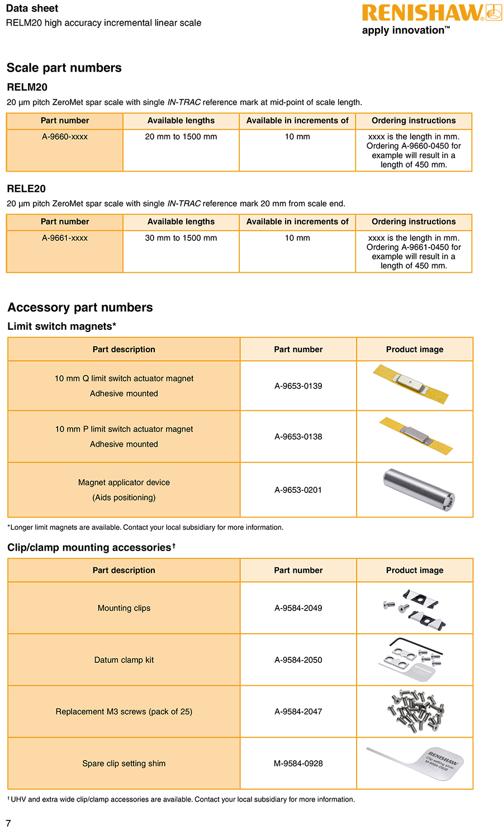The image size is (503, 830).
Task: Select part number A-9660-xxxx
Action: coord(65,137)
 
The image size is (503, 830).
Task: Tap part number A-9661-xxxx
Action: coord(65,238)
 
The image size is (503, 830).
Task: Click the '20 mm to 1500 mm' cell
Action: coord(181,137)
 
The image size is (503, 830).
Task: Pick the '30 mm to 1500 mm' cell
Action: coord(181,238)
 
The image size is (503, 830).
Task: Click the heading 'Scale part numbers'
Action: coord(64,68)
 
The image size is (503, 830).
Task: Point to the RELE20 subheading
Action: coord(26,189)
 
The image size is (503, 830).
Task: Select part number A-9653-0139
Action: coord(298,386)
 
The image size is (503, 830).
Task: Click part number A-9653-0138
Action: coord(298,437)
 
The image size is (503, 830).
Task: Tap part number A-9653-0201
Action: coord(298,490)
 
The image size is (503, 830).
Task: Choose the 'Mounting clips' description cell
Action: coord(124,608)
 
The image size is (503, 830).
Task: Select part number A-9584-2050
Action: coord(298,660)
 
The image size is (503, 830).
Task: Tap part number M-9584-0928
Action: coord(298,763)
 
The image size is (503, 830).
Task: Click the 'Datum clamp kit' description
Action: coord(124,660)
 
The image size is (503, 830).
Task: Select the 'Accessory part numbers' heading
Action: coord(80,307)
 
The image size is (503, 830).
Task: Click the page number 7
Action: coord(8,823)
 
